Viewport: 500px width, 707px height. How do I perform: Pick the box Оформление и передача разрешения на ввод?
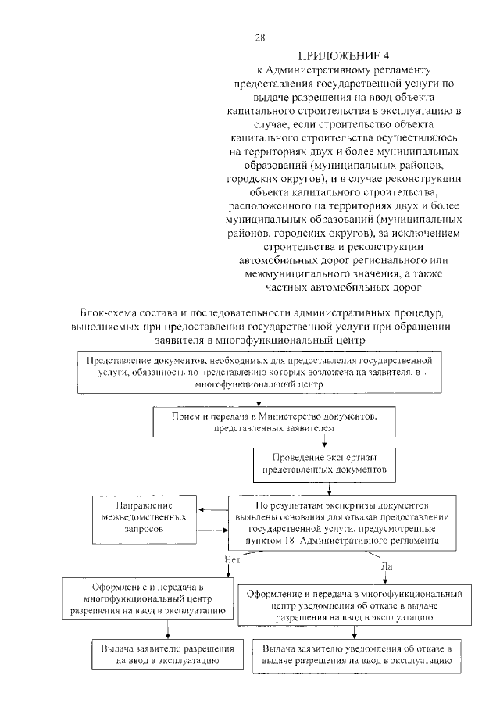click(147, 599)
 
